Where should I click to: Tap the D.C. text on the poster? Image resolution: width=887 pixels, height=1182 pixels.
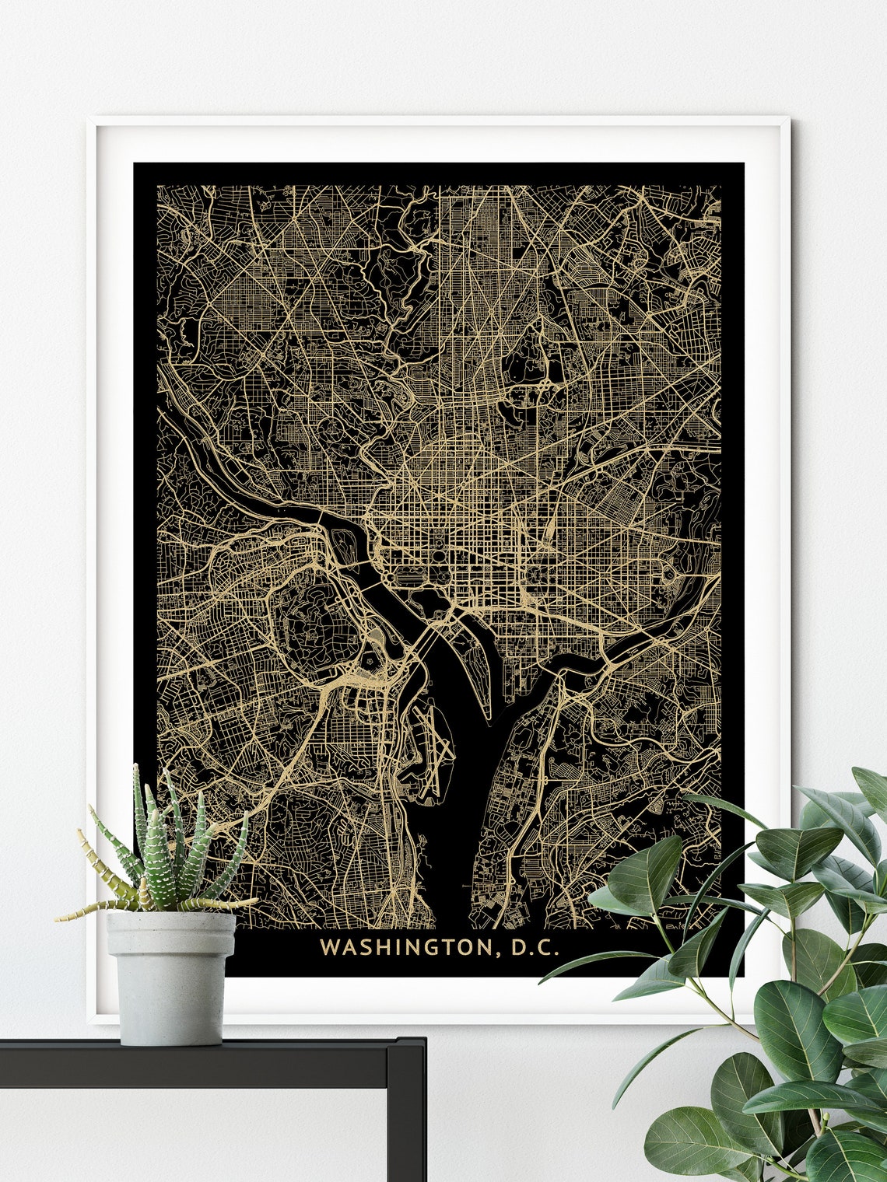[535, 947]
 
